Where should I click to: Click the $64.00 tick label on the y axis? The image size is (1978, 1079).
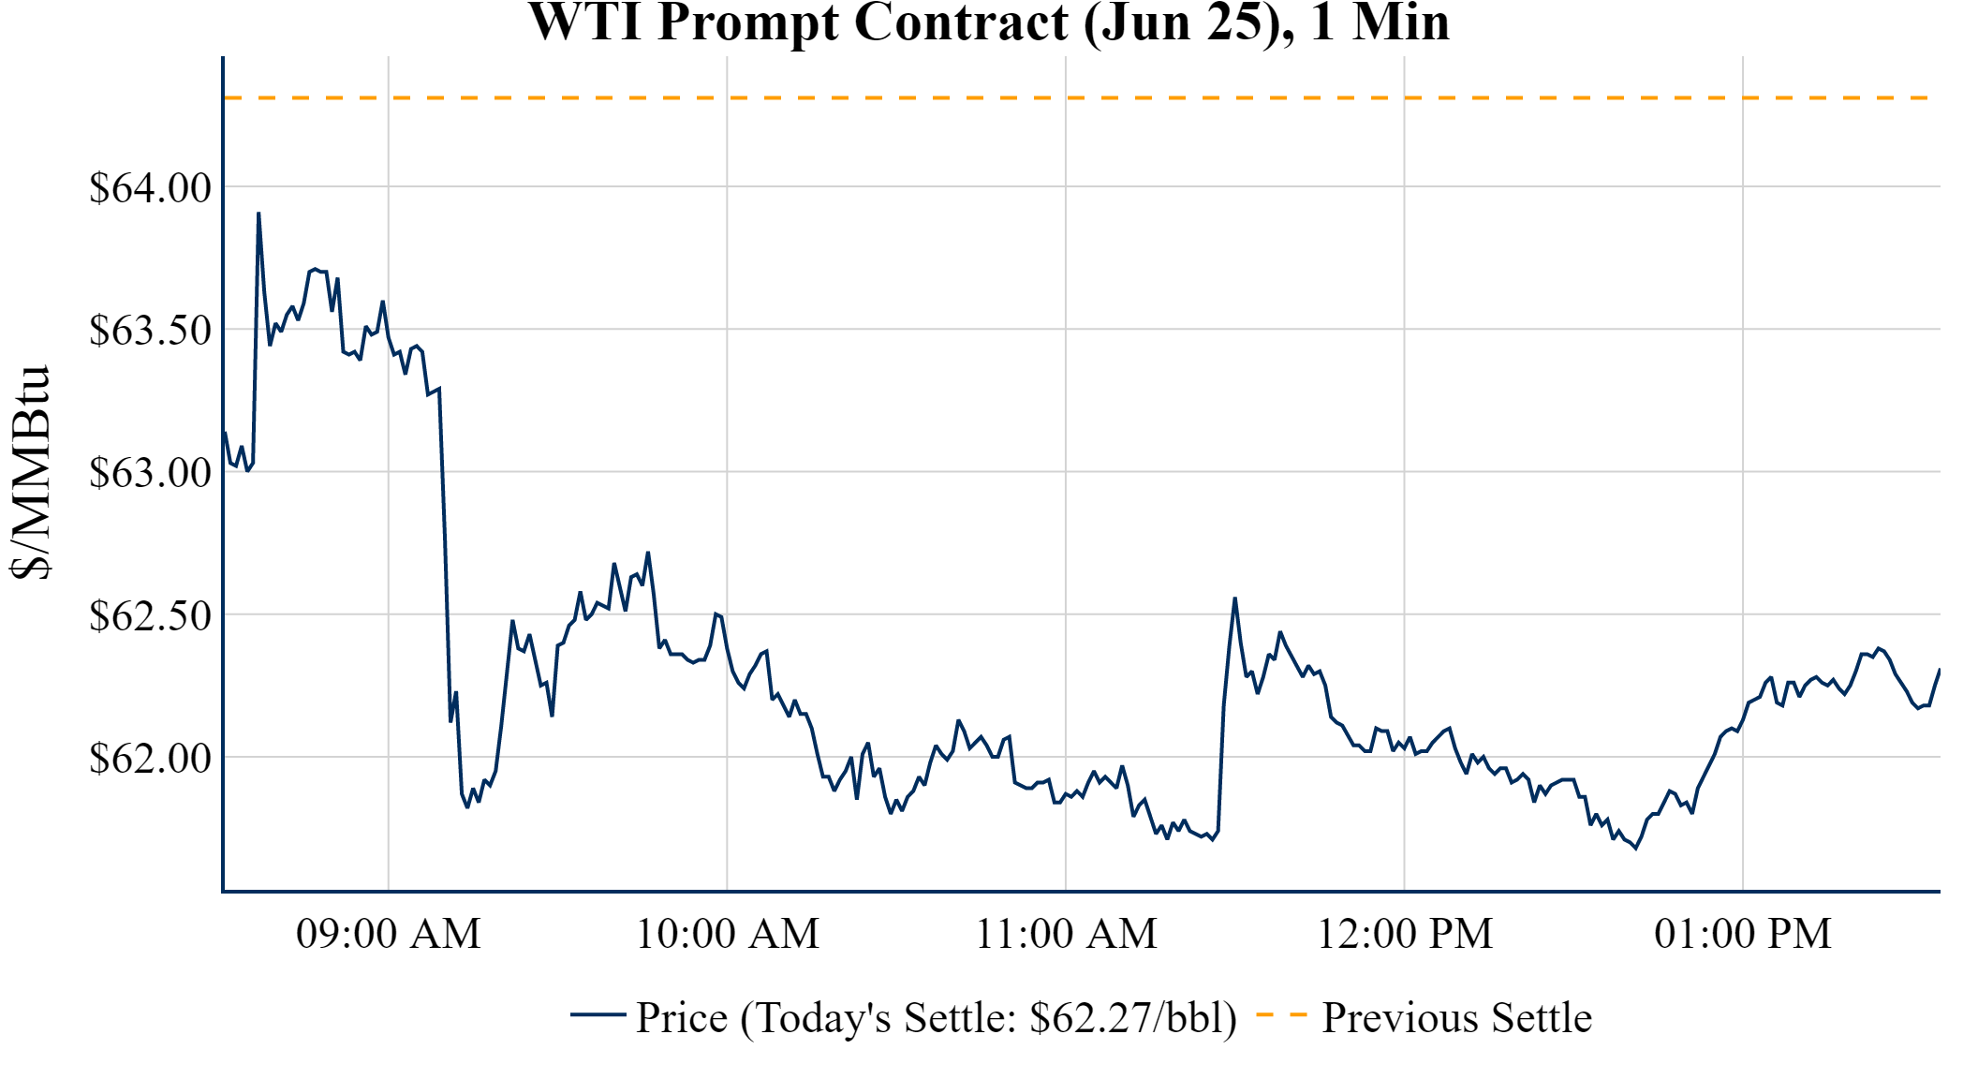pyautogui.click(x=150, y=187)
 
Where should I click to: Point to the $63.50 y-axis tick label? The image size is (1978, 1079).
pyautogui.click(x=150, y=330)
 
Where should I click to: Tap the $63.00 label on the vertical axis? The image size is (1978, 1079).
pyautogui.click(x=150, y=472)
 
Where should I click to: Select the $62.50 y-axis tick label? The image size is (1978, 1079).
pyautogui.click(x=150, y=615)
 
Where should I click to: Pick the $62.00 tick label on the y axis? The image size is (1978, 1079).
pyautogui.click(x=150, y=758)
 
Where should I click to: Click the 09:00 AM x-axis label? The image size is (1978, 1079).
pyautogui.click(x=388, y=934)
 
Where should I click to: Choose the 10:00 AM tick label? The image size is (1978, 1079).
pyautogui.click(x=727, y=934)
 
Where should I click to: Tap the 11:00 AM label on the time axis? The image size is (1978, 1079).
pyautogui.click(x=1066, y=934)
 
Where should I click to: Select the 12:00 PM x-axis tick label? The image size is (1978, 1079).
pyautogui.click(x=1405, y=934)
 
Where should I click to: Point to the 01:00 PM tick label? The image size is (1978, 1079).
pyautogui.click(x=1743, y=934)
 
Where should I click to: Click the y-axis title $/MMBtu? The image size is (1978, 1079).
pyautogui.click(x=30, y=472)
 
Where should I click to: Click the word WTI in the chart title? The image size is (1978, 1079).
pyautogui.click(x=585, y=22)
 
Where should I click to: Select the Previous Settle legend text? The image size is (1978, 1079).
pyautogui.click(x=1456, y=1017)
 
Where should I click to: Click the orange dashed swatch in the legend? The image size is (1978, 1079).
pyautogui.click(x=1281, y=1014)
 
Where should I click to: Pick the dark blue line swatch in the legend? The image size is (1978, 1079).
pyautogui.click(x=598, y=1014)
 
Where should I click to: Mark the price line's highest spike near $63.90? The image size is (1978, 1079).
pyautogui.click(x=258, y=214)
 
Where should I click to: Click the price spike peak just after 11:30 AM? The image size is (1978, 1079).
pyautogui.click(x=1235, y=599)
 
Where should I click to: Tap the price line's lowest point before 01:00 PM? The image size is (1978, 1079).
pyautogui.click(x=1636, y=848)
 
